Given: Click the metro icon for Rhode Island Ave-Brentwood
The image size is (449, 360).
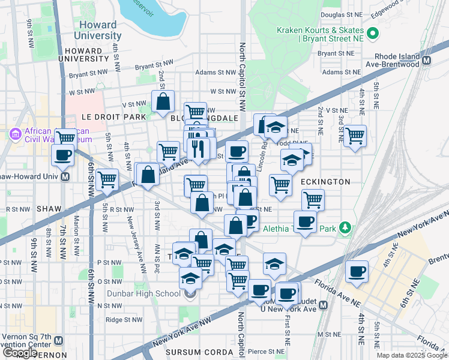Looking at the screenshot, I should click(x=427, y=61).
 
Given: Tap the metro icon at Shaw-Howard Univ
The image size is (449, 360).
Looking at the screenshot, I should click(x=65, y=177).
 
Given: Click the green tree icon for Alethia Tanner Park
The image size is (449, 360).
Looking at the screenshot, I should click(x=345, y=228).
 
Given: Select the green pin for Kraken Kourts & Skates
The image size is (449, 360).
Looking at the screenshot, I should click(x=373, y=34).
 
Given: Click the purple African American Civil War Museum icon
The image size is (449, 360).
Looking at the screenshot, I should click(x=16, y=133).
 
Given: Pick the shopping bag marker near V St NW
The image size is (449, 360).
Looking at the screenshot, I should click(x=163, y=102).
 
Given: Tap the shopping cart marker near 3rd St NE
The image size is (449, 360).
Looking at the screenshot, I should click(x=355, y=136).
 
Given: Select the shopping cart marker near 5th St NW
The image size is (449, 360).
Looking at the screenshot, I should click(x=107, y=179).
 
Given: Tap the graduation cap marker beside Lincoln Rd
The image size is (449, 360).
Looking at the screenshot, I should click(x=276, y=128).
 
